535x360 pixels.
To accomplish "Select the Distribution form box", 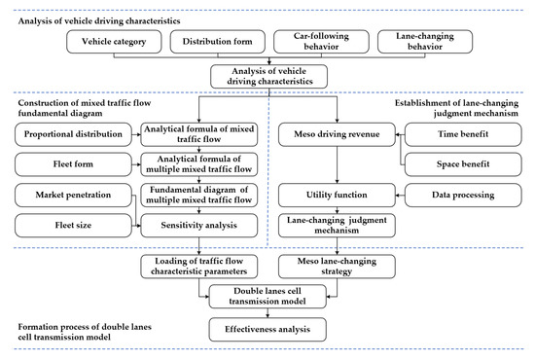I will (x=216, y=43).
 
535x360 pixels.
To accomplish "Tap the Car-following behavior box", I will (x=318, y=43).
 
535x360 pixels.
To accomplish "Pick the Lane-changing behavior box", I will (x=422, y=43).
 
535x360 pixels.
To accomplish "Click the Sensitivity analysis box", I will (x=199, y=226).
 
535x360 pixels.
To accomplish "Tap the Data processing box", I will (x=454, y=195).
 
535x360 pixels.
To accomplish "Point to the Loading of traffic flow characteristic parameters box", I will (x=199, y=264).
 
